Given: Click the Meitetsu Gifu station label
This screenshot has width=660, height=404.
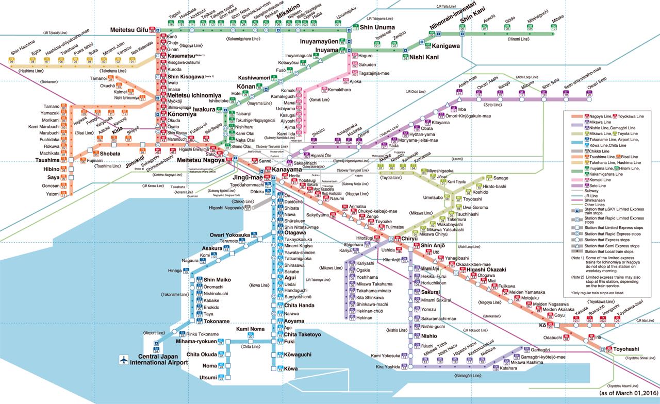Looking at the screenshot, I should tap(129, 30).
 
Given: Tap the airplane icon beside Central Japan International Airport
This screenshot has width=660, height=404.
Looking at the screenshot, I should tap(124, 360).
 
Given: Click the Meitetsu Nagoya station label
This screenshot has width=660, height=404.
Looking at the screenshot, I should tap(199, 161).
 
